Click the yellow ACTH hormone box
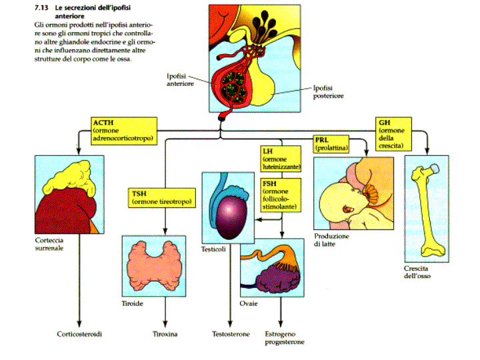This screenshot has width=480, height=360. [x=124, y=130]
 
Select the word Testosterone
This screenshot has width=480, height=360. [x=231, y=333]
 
